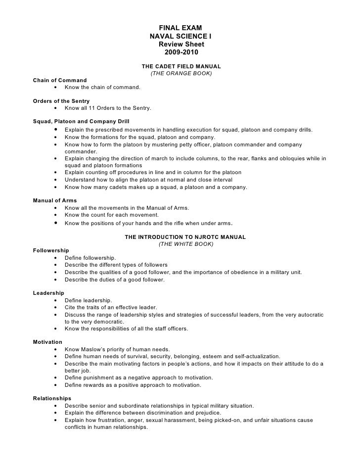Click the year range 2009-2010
coord(180,53)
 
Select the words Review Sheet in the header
coord(180,45)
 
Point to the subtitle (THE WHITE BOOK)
coord(185,244)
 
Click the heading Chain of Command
coord(59,80)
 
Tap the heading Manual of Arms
coord(55,200)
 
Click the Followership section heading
coord(51,251)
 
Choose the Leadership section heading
coord(49,293)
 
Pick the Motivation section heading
coord(47,342)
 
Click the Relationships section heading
coord(52,398)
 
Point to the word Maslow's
coord(97,349)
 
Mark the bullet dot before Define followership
coord(54,258)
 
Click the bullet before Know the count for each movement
coord(54,215)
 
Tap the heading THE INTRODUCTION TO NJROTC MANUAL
coord(185,237)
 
